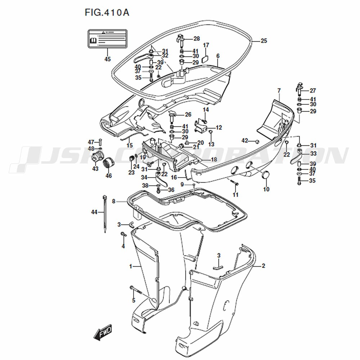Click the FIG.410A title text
[107, 13]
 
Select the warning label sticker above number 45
[108, 39]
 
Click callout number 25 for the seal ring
[264, 41]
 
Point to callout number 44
[94, 212]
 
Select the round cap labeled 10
[266, 175]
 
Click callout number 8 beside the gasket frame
[114, 202]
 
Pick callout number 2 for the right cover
[263, 266]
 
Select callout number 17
[206, 45]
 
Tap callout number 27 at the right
[312, 91]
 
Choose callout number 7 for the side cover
[278, 90]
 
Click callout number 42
[245, 140]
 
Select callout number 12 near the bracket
[219, 127]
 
